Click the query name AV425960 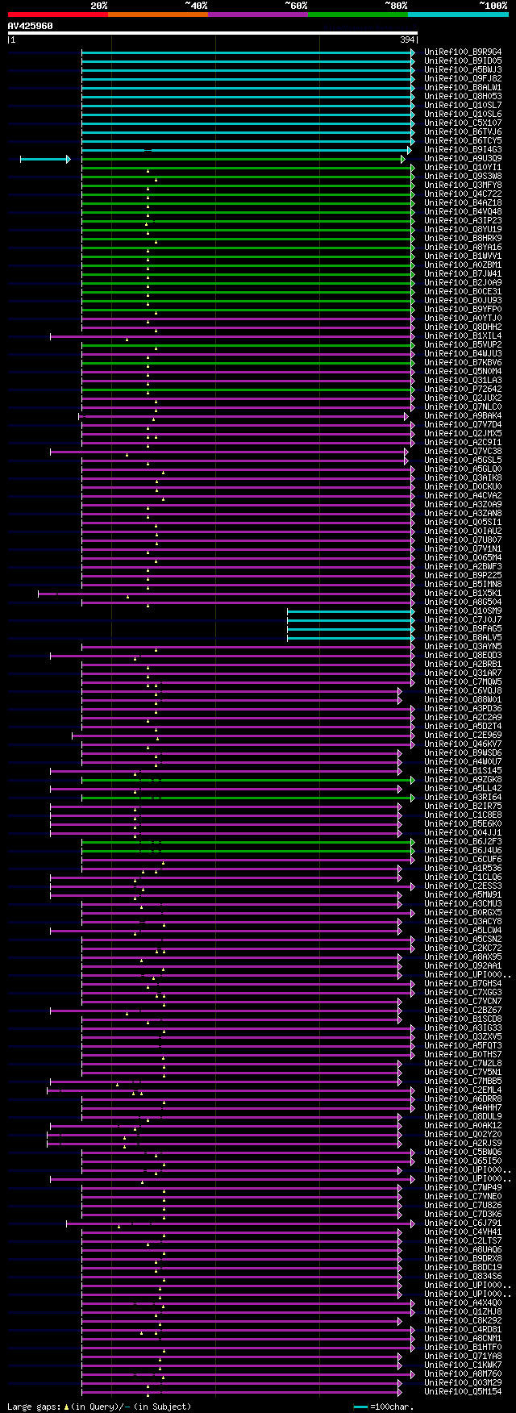tap(31, 26)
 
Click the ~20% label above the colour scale tap(99, 6)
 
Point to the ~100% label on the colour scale tap(493, 6)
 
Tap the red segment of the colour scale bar tap(57, 15)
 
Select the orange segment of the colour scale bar tap(157, 15)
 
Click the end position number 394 tap(407, 40)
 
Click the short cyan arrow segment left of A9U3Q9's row tap(44, 159)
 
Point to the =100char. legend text tap(393, 1407)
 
